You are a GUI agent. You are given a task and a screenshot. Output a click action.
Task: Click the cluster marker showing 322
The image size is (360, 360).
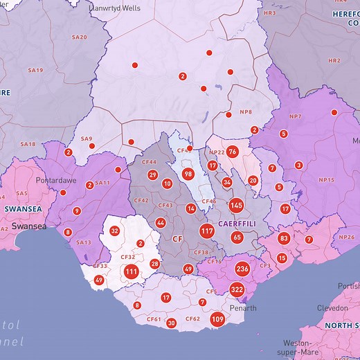[x=237, y=290]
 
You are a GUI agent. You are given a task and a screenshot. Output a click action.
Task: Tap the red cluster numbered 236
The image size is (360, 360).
[x=242, y=269]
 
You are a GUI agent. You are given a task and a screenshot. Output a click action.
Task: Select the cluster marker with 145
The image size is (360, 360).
[x=236, y=205]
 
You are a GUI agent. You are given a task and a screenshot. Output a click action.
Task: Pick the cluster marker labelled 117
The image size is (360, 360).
[x=207, y=231]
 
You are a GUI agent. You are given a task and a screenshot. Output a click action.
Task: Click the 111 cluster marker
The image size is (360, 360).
[x=132, y=272]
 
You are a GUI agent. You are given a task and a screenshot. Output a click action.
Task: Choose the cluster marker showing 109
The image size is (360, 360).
[x=217, y=319]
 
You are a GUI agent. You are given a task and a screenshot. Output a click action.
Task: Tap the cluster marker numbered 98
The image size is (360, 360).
[x=188, y=174]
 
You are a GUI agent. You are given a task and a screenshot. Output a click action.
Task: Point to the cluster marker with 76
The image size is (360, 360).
[x=233, y=152]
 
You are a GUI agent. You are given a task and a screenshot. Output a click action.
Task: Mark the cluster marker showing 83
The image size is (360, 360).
[x=284, y=238]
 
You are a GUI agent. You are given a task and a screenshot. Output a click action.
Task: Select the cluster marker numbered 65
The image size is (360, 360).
[x=237, y=237]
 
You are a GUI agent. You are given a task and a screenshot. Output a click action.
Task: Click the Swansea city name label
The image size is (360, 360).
[x=33, y=226]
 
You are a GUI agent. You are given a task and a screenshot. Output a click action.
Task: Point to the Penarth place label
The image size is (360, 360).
[x=243, y=308]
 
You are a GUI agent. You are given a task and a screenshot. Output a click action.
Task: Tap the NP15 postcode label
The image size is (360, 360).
[x=326, y=180]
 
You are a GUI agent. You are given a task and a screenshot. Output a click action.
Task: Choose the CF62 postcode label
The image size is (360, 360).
[x=192, y=319]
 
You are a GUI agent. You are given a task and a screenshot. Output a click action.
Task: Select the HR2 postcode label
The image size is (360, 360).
[x=334, y=60]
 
